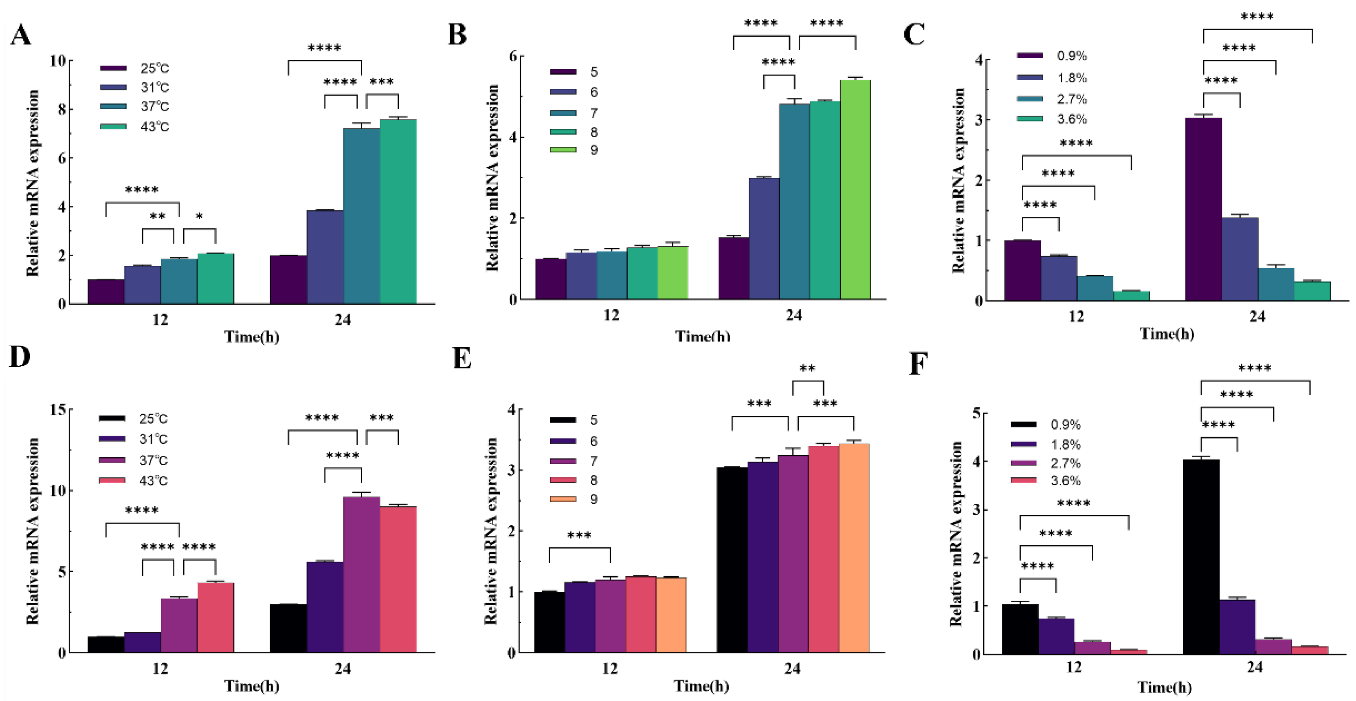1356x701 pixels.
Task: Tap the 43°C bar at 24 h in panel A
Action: coord(398,211)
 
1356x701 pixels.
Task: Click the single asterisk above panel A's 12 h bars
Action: coord(199,216)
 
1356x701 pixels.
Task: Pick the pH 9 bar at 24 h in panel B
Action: coord(855,190)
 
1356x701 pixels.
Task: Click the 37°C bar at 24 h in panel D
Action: coord(361,574)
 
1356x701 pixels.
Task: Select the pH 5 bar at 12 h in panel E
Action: coord(549,622)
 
